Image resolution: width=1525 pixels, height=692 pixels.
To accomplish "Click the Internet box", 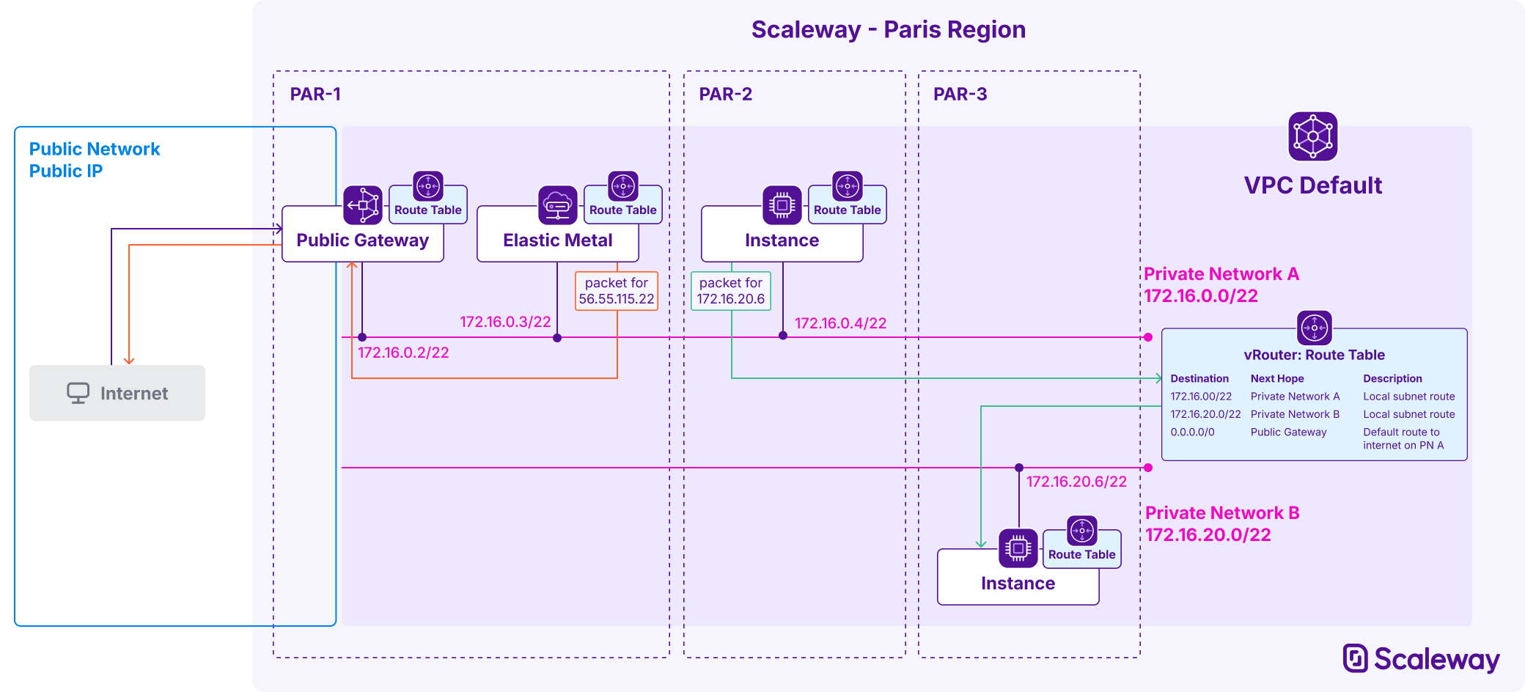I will point(117,393).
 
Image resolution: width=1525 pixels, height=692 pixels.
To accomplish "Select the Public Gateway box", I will point(362,240).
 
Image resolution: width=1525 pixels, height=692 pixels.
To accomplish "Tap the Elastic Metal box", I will point(557,240).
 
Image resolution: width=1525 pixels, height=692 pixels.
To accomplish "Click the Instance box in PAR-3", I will point(1018,583).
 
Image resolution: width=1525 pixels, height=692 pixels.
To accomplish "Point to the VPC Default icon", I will point(1312,136).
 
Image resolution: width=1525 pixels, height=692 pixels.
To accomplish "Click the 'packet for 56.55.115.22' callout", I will point(616,291).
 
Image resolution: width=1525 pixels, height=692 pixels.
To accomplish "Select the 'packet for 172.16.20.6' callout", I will point(730,291).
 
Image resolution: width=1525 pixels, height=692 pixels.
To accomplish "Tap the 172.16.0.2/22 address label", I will point(403,353).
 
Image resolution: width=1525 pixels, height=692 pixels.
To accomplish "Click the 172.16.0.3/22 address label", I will point(505,322).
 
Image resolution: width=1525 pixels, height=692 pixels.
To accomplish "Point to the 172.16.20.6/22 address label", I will point(1076,482).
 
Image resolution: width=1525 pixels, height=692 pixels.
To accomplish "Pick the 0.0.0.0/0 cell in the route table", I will point(1192,432).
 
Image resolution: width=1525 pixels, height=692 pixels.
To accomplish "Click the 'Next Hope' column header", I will point(1277,379).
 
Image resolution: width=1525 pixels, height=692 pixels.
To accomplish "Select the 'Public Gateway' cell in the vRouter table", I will point(1288,432).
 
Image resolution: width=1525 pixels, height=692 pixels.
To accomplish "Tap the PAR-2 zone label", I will point(725,94).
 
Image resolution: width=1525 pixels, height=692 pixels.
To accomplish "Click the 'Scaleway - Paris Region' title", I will point(888,30).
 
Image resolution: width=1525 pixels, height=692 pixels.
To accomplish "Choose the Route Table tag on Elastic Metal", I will point(622,210).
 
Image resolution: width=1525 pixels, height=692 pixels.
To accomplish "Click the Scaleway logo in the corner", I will point(1420,658).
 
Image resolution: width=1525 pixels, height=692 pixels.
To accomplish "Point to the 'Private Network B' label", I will point(1221,513).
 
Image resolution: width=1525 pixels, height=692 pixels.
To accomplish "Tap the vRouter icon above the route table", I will point(1314,328).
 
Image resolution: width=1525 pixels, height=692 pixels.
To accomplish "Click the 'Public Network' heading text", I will point(95,150).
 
